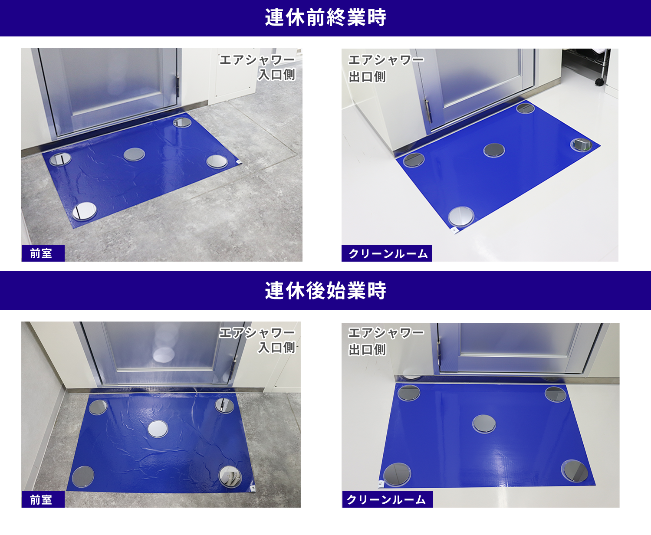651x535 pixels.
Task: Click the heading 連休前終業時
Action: click(325, 18)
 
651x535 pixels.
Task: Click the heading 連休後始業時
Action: click(325, 290)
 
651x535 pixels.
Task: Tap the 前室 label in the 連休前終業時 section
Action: click(42, 253)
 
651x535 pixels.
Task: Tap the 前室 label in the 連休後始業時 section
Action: click(42, 500)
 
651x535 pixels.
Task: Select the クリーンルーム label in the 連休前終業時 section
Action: click(387, 253)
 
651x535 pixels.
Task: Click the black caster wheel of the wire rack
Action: click(599, 82)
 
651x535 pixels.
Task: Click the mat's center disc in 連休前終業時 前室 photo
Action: click(134, 154)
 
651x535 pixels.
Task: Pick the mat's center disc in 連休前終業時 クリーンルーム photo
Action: click(494, 150)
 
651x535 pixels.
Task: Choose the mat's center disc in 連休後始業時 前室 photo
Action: click(158, 429)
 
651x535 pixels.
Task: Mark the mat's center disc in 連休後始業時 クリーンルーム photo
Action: click(484, 423)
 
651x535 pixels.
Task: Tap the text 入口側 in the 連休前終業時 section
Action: click(276, 75)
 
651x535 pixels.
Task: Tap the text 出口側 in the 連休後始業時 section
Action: click(367, 350)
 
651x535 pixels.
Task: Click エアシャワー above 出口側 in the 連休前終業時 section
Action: click(386, 60)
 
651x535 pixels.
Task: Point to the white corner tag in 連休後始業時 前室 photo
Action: click(253, 488)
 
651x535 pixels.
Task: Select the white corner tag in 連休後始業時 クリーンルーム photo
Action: click(381, 483)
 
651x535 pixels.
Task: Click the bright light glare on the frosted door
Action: click(164, 354)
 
